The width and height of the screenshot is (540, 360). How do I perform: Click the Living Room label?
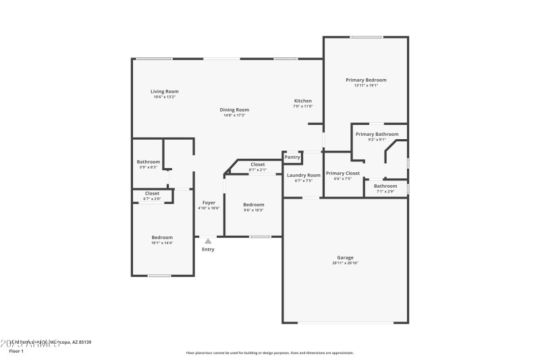click(164, 91)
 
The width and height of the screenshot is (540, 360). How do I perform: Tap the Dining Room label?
click(234, 109)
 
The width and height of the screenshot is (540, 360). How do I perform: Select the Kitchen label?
click(302, 101)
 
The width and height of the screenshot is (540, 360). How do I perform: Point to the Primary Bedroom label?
click(366, 80)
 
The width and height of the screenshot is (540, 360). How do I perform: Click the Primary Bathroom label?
click(378, 134)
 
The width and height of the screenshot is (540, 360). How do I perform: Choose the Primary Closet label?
click(343, 173)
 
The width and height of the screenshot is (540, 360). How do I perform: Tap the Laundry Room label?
click(303, 175)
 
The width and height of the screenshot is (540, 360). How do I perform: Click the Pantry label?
click(292, 157)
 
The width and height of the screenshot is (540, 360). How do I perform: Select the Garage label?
click(345, 257)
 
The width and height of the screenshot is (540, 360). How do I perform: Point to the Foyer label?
click(209, 203)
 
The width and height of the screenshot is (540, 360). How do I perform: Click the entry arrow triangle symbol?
click(208, 241)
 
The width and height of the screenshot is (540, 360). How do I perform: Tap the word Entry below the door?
click(208, 250)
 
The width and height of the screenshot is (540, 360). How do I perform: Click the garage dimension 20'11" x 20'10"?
click(345, 263)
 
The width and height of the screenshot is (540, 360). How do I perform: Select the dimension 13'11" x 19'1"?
click(366, 85)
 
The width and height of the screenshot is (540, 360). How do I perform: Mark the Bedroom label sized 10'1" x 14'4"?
click(162, 237)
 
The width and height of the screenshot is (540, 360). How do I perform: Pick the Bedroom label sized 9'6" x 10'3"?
click(254, 205)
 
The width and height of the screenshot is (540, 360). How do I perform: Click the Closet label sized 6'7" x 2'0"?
click(152, 193)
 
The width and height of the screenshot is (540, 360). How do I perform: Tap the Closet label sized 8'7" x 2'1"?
click(257, 164)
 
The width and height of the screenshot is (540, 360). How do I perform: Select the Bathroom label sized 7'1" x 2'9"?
click(385, 186)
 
